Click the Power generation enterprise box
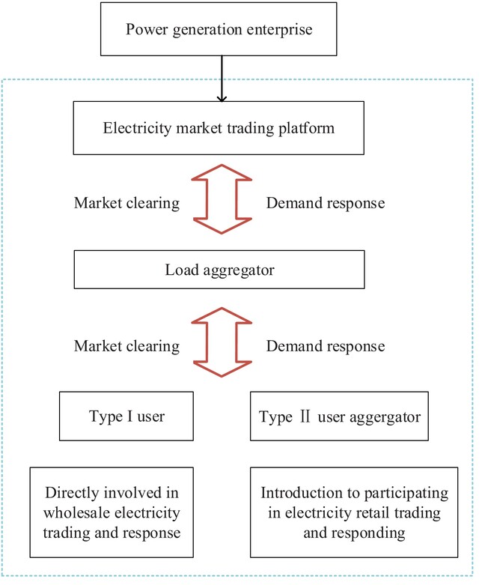[x=219, y=29]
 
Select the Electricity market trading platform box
[x=219, y=128]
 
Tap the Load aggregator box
[x=219, y=270]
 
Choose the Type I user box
[x=126, y=416]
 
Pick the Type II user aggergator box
[x=339, y=416]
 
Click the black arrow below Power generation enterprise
[x=222, y=79]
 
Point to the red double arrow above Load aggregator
[x=222, y=199]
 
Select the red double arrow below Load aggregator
[x=222, y=342]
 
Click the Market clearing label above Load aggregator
[x=126, y=203]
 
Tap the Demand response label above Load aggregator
[x=326, y=203]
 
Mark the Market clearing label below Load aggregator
[x=126, y=346]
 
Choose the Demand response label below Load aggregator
[x=326, y=346]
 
